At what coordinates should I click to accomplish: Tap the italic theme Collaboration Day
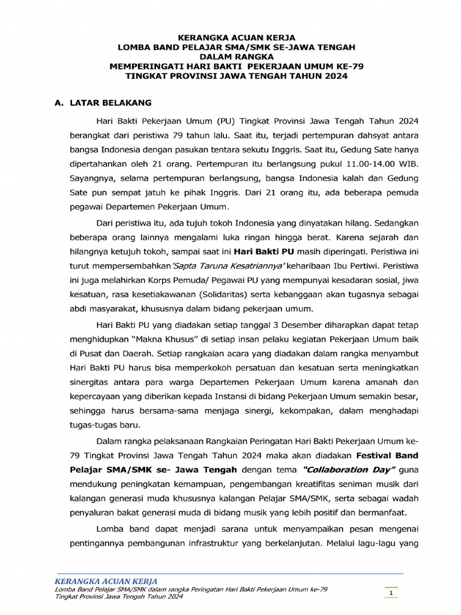(x=345, y=469)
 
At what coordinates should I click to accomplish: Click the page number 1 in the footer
(x=391, y=594)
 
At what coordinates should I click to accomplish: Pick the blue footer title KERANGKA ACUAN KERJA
(x=106, y=581)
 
